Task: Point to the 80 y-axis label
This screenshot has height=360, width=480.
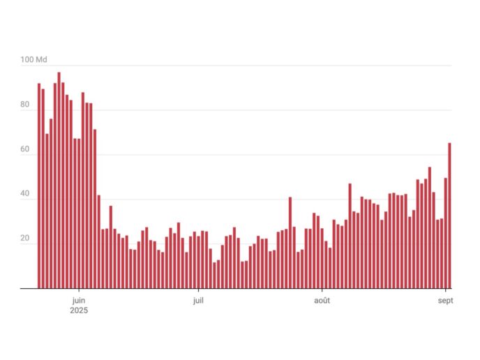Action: tap(25, 105)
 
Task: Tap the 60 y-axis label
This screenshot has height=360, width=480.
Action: tap(25, 150)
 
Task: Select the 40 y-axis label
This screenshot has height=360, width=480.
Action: tap(25, 195)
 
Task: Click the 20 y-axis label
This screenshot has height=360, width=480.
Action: tap(25, 239)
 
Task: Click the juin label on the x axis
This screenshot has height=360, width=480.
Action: tap(79, 301)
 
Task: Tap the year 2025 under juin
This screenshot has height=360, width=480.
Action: tap(79, 310)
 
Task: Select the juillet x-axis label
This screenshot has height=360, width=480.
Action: tap(198, 301)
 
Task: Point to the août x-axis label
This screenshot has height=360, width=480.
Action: tap(322, 301)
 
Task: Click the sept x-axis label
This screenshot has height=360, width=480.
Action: tap(446, 301)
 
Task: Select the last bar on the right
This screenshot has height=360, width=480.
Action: tap(450, 216)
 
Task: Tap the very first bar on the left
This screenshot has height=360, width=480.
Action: tap(39, 186)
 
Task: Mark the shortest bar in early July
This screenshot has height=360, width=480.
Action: tap(214, 275)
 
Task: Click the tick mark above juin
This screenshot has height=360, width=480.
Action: tap(79, 290)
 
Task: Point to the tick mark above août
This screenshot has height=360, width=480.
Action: tap(322, 290)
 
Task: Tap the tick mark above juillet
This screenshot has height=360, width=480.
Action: tap(198, 290)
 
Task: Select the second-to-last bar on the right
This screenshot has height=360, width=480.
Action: tap(446, 233)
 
